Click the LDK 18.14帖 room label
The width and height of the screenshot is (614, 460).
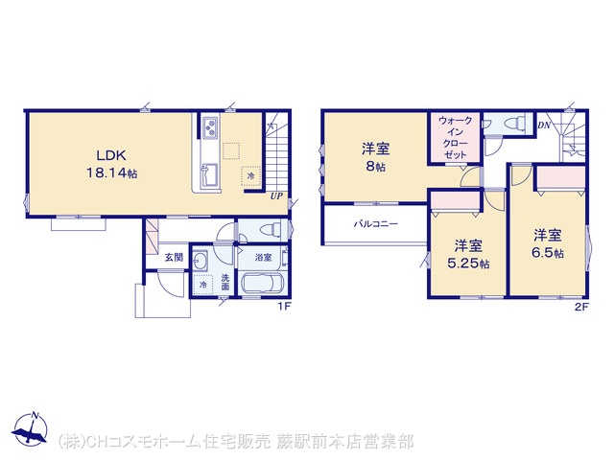tap(111, 164)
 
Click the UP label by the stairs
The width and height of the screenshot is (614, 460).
tap(276, 196)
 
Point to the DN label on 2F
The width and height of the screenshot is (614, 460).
tap(544, 126)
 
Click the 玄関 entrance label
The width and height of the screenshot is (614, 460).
tap(174, 258)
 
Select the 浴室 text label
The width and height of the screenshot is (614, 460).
tap(264, 258)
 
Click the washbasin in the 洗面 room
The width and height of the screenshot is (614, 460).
tap(201, 260)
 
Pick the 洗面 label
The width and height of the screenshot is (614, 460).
tap(225, 283)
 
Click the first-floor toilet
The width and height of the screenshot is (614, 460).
tap(272, 230)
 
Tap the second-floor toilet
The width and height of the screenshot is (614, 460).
tap(514, 124)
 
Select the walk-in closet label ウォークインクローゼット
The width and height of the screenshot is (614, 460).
tap(455, 138)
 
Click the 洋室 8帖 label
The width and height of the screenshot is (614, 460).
tap(375, 157)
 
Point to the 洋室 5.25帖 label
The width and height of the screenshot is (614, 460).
tap(468, 254)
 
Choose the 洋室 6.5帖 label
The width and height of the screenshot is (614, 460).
tap(548, 243)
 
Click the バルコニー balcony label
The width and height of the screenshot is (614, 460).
tap(376, 224)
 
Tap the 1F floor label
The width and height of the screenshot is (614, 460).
tap(284, 307)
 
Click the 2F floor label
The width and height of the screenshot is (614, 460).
tap(581, 307)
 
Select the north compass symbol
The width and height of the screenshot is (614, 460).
tap(30, 428)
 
